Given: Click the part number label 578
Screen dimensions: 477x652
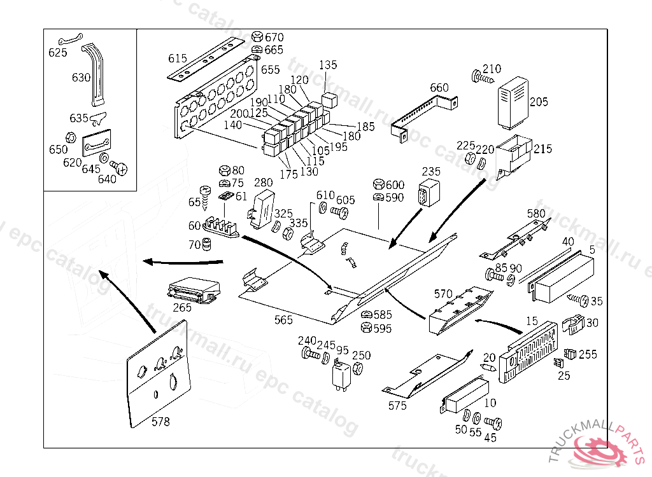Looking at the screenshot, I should click(x=160, y=421).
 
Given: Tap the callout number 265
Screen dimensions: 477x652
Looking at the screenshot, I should click(x=182, y=308).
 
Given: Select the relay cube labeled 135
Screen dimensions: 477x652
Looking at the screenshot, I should click(x=329, y=99).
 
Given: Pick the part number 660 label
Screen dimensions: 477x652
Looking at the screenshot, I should click(x=439, y=88).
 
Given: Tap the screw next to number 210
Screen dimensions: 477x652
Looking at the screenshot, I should click(x=483, y=78).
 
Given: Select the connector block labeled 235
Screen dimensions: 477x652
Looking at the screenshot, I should click(x=425, y=193).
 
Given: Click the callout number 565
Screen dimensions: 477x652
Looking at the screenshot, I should click(x=284, y=320).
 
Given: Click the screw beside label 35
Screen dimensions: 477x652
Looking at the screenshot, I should click(x=578, y=298).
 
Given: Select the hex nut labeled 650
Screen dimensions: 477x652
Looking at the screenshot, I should click(x=71, y=136).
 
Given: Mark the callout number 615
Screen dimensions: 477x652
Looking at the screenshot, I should click(x=178, y=59).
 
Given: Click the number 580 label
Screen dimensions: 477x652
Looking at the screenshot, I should click(x=536, y=213).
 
